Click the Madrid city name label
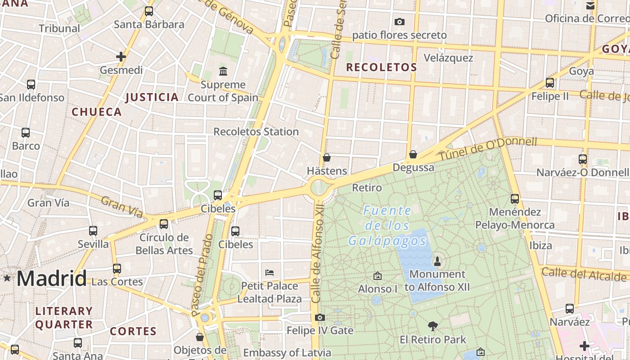pyautogui.click(x=51, y=279)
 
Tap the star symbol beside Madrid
pyautogui.click(x=7, y=278)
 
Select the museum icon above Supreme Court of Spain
pyautogui.click(x=223, y=71)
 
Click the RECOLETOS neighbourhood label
pyautogui.click(x=381, y=67)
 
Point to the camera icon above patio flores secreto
pyautogui.click(x=399, y=22)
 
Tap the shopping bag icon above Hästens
pyautogui.click(x=327, y=157)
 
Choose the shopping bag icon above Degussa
pyautogui.click(x=413, y=154)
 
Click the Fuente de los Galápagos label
pyautogui.click(x=387, y=225)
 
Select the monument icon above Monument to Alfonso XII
pyautogui.click(x=437, y=261)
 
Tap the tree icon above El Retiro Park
pyautogui.click(x=433, y=326)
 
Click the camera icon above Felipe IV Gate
pyautogui.click(x=320, y=318)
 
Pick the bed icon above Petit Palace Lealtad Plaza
pyautogui.click(x=270, y=272)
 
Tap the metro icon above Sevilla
pyautogui.click(x=93, y=230)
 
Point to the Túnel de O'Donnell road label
pyautogui.click(x=488, y=149)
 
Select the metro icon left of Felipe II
pyautogui.click(x=549, y=83)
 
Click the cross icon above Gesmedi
pyautogui.click(x=121, y=57)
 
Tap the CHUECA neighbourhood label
pyautogui.click(x=97, y=112)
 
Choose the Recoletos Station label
pyautogui.click(x=256, y=132)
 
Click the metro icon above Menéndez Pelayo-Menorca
pyautogui.click(x=515, y=198)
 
